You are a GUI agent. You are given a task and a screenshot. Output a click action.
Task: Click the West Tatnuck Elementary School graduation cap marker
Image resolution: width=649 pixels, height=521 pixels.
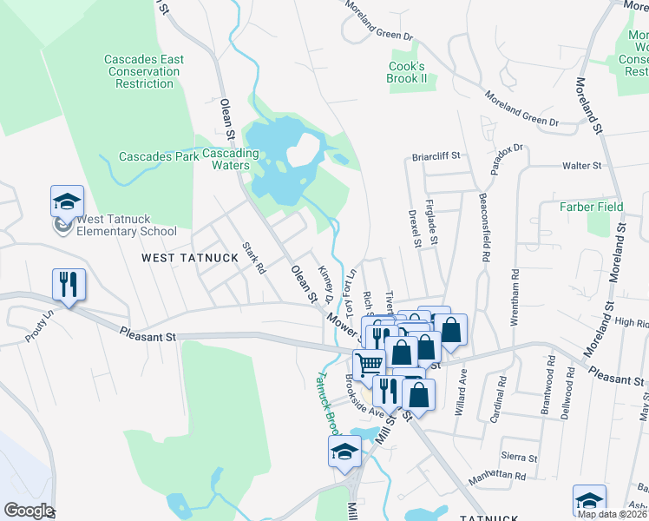[x=68, y=202]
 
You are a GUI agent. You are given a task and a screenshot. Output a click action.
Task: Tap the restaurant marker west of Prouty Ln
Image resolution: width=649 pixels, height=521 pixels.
[x=68, y=283]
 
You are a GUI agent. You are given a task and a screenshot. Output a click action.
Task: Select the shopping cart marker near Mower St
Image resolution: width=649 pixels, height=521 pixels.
[x=369, y=365]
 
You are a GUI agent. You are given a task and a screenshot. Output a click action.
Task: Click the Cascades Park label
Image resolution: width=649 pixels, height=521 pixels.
[x=152, y=157]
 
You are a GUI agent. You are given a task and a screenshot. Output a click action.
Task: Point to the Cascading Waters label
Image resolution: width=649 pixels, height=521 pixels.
[x=231, y=160]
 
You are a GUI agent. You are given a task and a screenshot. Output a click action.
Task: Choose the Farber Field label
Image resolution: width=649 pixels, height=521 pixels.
[x=590, y=207]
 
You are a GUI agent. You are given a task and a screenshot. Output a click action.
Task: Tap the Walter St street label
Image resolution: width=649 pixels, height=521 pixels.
[x=582, y=165]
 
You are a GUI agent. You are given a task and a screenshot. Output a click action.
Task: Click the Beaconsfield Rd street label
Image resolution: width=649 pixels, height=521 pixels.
[x=483, y=228]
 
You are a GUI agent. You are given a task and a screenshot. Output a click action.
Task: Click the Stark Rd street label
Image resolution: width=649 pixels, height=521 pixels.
[x=252, y=257]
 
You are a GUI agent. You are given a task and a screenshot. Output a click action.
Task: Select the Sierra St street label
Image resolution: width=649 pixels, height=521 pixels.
[x=520, y=457]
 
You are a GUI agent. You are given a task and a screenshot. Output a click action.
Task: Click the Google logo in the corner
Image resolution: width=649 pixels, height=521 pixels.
[x=28, y=511]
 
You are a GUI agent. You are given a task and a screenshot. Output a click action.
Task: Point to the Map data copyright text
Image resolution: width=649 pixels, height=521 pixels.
[x=612, y=514]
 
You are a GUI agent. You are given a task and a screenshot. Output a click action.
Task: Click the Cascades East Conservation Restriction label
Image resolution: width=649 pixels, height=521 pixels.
[x=144, y=71]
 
